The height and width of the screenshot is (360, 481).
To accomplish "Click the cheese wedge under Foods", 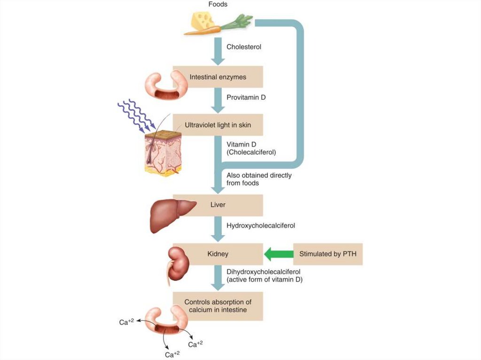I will pos(202,21).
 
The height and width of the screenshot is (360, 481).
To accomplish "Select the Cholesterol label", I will pos(244,47).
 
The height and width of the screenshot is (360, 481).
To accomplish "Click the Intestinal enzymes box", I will pos(217,77).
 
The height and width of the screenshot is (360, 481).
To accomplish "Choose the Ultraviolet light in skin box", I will pos(217,125).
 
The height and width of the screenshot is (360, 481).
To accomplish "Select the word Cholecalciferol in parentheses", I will pos(251,153).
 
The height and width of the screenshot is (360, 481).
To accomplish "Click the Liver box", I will pos(217,205).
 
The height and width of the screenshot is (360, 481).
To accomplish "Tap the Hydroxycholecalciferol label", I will pos(261,226).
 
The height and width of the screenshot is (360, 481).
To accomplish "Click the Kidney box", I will pos(217,254).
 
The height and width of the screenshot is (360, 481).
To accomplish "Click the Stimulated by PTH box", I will pos(328,254).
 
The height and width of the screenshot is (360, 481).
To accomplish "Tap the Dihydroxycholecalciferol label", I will pos(263,272).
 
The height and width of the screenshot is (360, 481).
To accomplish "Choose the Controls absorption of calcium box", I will pos(217,306).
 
